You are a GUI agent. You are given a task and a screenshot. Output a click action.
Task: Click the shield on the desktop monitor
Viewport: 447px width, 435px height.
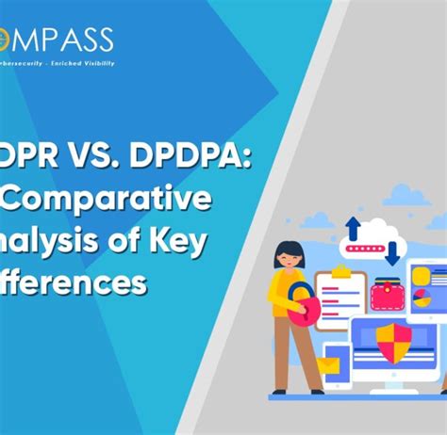point(392,338)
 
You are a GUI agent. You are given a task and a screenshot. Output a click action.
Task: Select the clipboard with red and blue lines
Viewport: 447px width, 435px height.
point(339,300)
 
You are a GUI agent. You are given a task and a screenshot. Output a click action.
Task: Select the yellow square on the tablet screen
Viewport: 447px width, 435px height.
point(421,276)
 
